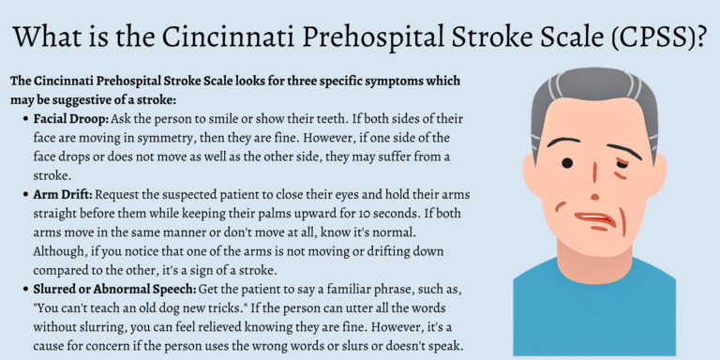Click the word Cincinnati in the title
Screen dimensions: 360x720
[x=254, y=37]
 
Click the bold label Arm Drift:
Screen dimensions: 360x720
[x=65, y=194]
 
